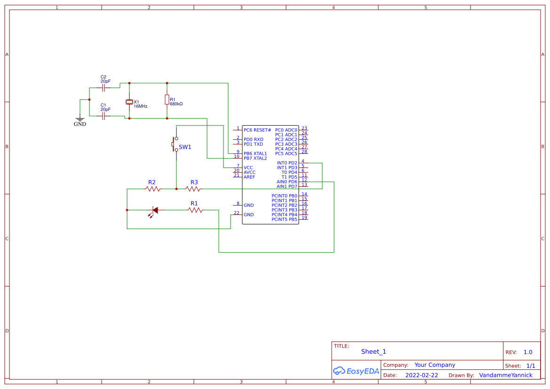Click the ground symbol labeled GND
click(80, 119)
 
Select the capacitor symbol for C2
click(104, 87)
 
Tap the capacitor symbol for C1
click(104, 116)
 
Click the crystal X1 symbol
click(129, 102)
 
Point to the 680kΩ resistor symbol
click(167, 100)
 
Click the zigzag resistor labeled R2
click(153, 189)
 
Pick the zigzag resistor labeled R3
click(193, 189)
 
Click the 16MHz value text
click(141, 106)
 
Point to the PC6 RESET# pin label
click(257, 130)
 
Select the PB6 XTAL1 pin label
click(255, 154)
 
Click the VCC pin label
click(248, 167)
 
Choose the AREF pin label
click(249, 177)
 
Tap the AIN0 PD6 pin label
click(287, 182)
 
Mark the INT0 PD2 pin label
click(287, 163)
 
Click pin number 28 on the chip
click(304, 151)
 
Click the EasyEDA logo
click(356, 371)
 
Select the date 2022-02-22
click(422, 375)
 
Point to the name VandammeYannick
click(506, 375)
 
